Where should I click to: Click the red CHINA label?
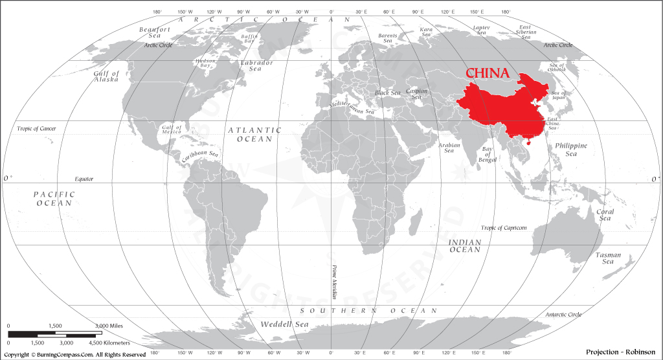point(488,73)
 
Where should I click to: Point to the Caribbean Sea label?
point(199,155)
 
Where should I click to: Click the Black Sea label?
point(388,93)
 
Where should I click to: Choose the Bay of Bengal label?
point(488,153)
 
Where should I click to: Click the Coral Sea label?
point(605,215)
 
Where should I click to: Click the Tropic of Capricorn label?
point(504,228)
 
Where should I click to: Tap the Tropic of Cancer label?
point(36,129)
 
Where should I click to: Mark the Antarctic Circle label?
point(563,315)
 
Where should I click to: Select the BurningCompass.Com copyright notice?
point(75,355)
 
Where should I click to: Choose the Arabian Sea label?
point(449,148)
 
